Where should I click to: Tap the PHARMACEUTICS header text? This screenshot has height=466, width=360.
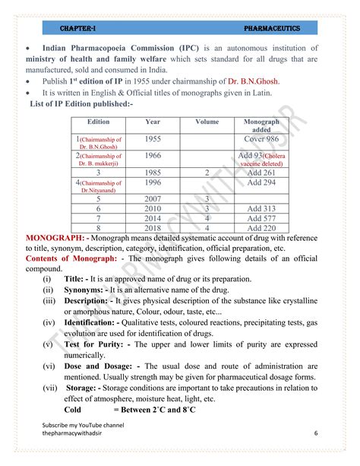pyautogui.click(x=272, y=28)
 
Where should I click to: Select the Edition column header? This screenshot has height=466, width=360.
pyautogui.click(x=99, y=122)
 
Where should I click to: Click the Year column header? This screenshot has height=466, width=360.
pyautogui.click(x=153, y=122)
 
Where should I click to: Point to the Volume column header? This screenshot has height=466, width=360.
pyautogui.click(x=207, y=122)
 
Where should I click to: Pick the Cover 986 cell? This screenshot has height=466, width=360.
pyautogui.click(x=261, y=139)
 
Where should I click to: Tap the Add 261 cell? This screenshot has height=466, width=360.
pyautogui.click(x=261, y=173)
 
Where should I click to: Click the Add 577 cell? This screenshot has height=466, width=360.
pyautogui.click(x=261, y=218)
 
